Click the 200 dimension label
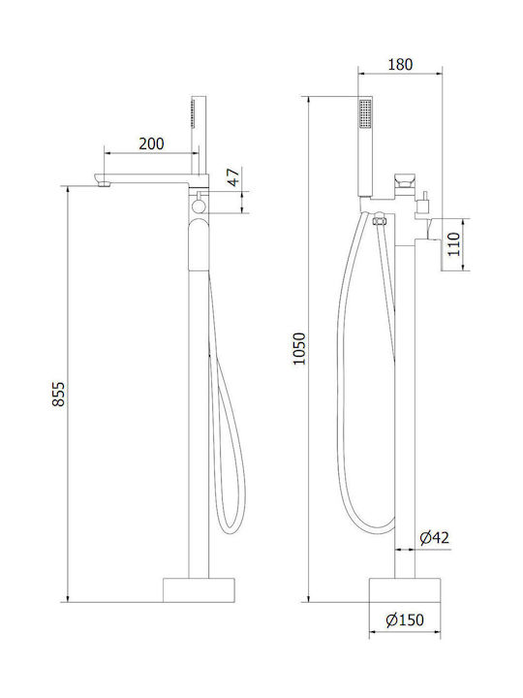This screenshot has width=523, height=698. point(151,143)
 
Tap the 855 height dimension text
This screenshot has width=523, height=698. point(59,394)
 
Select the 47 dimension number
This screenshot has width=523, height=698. point(234,176)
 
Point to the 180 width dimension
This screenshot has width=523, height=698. point(400,64)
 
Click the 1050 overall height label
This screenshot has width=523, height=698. point(299,349)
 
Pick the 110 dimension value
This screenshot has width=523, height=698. point(453,244)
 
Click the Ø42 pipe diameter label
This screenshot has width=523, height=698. point(435,538)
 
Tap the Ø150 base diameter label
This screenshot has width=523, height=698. point(405,619)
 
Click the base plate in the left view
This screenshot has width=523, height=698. point(199,590)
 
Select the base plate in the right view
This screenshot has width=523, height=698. point(405,590)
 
